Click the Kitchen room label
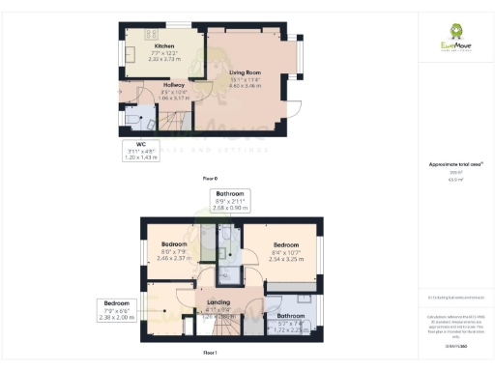[x=163, y=45]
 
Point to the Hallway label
[x=147, y=85]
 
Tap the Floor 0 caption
[x=209, y=180]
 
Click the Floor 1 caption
[x=209, y=354]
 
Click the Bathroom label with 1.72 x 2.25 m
[x=290, y=316]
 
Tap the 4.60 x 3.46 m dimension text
[x=246, y=85]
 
